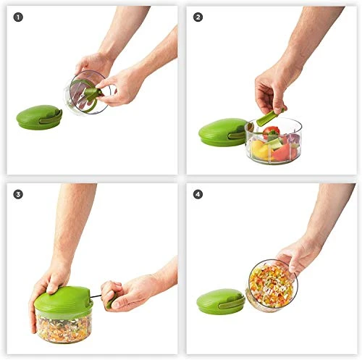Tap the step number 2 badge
[198, 17]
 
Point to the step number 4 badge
[198, 194]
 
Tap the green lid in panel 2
[223, 133]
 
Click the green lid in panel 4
[220, 300]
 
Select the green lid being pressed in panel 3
[63, 301]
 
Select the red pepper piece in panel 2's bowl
[271, 132]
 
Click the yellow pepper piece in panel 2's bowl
[258, 149]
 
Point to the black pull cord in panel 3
[99, 295]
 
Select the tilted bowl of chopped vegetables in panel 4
[272, 285]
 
